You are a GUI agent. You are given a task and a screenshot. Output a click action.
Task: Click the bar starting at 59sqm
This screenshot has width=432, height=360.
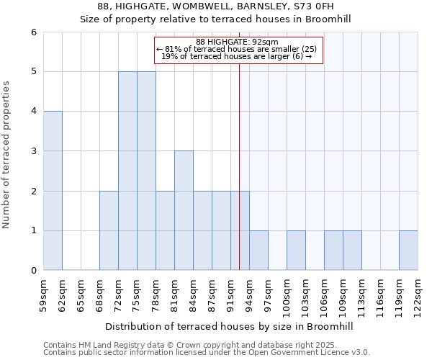click(53, 191)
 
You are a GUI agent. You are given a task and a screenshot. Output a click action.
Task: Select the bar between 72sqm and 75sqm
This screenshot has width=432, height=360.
click(127, 171)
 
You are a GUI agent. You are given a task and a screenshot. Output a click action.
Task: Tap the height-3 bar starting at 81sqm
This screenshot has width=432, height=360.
click(184, 210)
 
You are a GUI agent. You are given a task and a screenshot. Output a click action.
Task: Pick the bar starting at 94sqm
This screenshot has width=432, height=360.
click(258, 251)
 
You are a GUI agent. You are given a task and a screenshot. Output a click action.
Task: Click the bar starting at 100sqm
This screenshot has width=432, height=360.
click(296, 251)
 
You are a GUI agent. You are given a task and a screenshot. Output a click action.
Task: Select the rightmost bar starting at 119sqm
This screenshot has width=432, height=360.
click(408, 251)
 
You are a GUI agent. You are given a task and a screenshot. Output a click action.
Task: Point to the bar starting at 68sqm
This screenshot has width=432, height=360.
click(109, 230)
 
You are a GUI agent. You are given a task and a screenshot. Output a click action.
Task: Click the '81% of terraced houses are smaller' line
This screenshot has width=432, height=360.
click(237, 49)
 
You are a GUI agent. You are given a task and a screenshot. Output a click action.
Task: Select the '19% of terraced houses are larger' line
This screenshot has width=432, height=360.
click(237, 56)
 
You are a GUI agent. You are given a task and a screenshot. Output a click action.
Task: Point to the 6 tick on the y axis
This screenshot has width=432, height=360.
click(33, 32)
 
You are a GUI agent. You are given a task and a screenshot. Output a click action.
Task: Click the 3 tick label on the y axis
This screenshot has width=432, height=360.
click(33, 151)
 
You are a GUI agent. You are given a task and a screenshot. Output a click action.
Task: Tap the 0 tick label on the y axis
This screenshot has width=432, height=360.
click(33, 271)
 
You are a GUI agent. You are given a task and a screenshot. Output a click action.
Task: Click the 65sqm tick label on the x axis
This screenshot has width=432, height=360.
click(81, 295)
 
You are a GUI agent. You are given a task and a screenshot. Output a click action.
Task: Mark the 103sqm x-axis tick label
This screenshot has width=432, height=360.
click(306, 295)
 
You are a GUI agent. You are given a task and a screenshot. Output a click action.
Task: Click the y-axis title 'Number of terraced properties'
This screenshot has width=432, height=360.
click(6, 155)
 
